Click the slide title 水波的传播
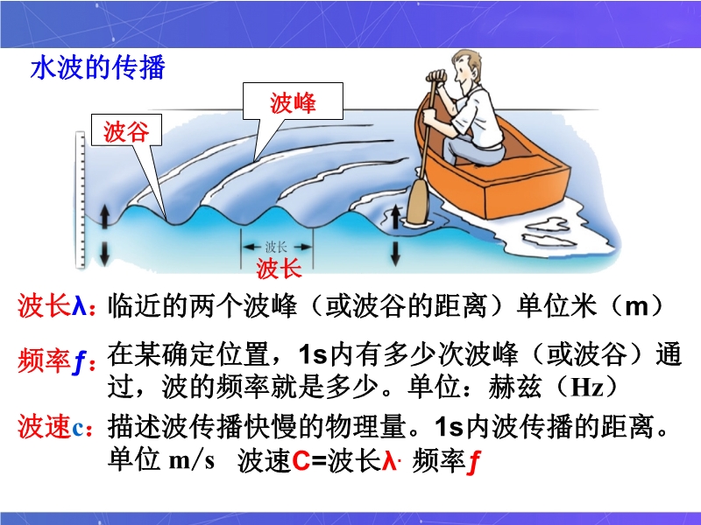[98, 68]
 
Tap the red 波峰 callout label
[293, 103]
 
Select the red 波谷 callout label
[126, 132]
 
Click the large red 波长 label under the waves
[279, 269]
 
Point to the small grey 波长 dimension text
[275, 247]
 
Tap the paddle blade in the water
[418, 201]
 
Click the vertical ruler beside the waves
[81, 199]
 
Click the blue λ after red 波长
[79, 307]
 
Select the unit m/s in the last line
[192, 460]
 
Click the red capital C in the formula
[301, 461]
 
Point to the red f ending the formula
[474, 463]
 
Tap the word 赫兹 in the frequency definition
[515, 387]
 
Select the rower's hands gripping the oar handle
[435, 76]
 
